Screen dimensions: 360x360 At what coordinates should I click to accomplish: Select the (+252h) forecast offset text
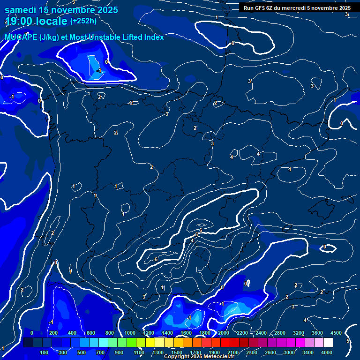pyautogui.click(x=83, y=21)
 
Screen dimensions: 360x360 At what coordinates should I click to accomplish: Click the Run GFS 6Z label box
pyautogui.click(x=297, y=8)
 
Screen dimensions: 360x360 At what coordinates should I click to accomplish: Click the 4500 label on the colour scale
pyautogui.click(x=336, y=333)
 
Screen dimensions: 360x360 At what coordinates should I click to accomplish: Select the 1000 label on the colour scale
pyautogui.click(x=129, y=333)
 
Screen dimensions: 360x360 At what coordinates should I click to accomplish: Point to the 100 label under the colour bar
pyautogui.click(x=45, y=352)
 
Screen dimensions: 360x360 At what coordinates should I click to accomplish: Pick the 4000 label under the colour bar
pyautogui.click(x=327, y=352)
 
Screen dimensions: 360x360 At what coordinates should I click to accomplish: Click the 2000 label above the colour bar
pyautogui.click(x=223, y=333)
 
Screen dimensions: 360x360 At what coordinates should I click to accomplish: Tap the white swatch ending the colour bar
pyautogui.click(x=329, y=343)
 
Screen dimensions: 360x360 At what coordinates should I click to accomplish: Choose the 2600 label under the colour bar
pyautogui.click(x=270, y=352)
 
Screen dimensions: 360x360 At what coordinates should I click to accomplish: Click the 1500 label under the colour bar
pyautogui.click(x=177, y=352)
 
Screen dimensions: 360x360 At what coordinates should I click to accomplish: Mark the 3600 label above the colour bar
pyautogui.click(x=317, y=333)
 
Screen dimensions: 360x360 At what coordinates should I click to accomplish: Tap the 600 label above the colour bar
pyautogui.click(x=91, y=333)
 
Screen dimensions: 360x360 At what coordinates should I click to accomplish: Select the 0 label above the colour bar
pyautogui.click(x=32, y=333)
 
